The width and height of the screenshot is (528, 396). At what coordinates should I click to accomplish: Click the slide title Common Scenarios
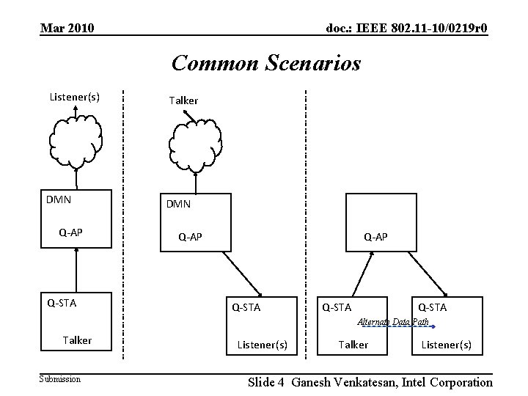pyautogui.click(x=266, y=63)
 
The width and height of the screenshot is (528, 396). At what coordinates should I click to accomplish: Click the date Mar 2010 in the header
pyautogui.click(x=67, y=29)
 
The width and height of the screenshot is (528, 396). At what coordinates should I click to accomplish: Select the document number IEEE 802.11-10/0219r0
pyautogui.click(x=406, y=29)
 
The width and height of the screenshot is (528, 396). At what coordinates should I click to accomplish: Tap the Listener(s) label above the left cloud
pyautogui.click(x=74, y=96)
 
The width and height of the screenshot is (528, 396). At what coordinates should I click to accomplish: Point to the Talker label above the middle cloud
pyautogui.click(x=183, y=100)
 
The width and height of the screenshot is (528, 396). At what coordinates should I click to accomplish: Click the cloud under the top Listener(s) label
pyautogui.click(x=75, y=139)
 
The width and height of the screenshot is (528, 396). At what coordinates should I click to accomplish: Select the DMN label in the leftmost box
pyautogui.click(x=58, y=199)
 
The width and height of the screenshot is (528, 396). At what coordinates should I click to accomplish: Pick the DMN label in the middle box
pyautogui.click(x=178, y=204)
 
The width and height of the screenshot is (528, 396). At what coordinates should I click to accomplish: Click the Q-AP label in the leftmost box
pyautogui.click(x=70, y=232)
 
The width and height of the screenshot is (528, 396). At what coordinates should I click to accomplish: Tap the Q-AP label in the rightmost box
pyautogui.click(x=375, y=237)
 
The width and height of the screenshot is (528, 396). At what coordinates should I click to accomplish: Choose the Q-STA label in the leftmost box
pyautogui.click(x=62, y=301)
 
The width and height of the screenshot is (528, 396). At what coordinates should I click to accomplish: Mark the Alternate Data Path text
pyautogui.click(x=392, y=322)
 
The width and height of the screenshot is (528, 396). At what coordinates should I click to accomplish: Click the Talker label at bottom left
pyautogui.click(x=77, y=340)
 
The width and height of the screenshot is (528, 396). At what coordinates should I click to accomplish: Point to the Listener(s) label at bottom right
pyautogui.click(x=447, y=345)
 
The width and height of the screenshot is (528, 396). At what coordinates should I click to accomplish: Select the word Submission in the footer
pyautogui.click(x=60, y=379)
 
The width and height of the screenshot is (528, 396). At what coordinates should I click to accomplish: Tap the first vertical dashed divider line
pyautogui.click(x=122, y=220)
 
